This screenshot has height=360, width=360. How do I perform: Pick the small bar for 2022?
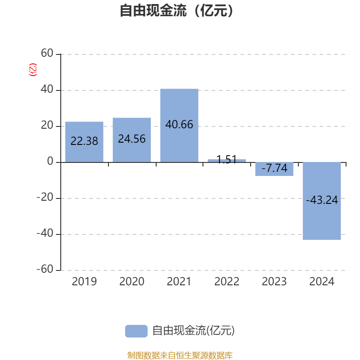point(227,160)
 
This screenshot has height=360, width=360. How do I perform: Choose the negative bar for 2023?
point(274,169)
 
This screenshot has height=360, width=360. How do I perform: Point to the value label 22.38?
point(84,141)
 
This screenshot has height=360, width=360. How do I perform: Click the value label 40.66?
point(179,125)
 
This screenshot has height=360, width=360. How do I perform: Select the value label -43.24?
point(322,200)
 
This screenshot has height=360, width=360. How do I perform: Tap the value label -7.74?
point(274,169)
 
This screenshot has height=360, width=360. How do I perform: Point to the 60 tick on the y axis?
point(47,54)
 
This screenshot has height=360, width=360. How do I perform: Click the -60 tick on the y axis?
point(45,270)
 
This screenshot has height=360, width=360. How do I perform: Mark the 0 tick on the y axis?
point(50,162)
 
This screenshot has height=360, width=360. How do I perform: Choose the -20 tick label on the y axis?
point(45,198)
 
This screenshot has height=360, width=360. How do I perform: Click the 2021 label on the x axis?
point(179,282)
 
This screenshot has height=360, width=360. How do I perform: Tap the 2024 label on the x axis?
point(322,282)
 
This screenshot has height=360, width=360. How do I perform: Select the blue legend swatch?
point(136,331)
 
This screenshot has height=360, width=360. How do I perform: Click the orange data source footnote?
point(180,355)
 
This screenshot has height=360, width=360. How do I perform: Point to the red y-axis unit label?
point(32,70)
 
